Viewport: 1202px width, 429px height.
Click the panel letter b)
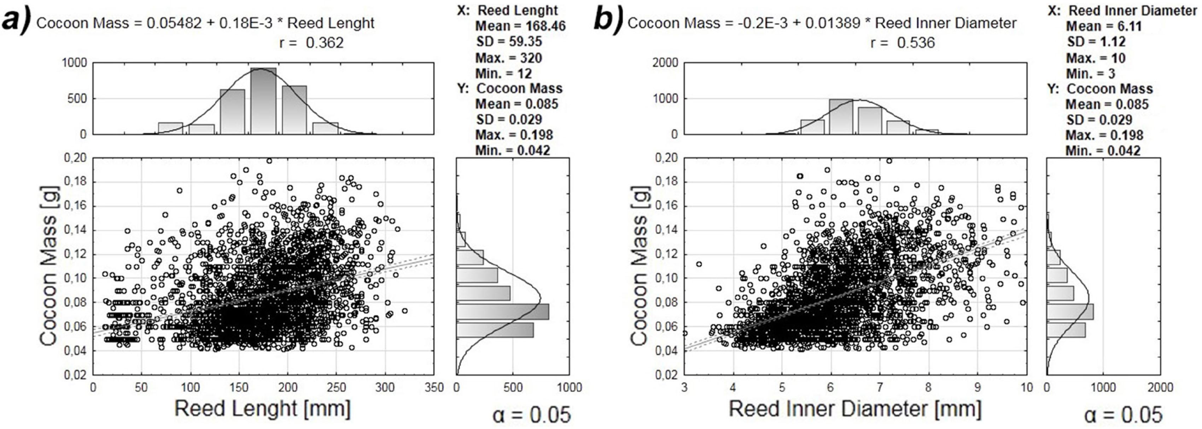click(x=607, y=22)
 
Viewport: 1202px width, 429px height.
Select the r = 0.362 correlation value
click(x=311, y=43)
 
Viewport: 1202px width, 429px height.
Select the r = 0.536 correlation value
click(x=903, y=43)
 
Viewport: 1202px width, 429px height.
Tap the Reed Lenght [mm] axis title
click(x=262, y=409)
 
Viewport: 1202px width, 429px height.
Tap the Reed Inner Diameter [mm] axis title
click(x=855, y=409)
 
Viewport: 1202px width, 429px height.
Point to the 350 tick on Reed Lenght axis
click(x=434, y=388)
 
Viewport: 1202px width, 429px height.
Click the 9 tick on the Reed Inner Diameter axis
click(x=978, y=388)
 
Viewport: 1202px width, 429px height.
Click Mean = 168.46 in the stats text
click(x=520, y=26)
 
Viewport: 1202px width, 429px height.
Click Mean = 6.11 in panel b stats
click(x=1104, y=26)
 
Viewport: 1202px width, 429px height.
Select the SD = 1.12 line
click(x=1096, y=42)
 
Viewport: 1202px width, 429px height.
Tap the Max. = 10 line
click(x=1096, y=58)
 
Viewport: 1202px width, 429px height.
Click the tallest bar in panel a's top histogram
click(x=263, y=101)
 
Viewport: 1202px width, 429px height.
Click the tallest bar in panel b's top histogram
click(x=840, y=117)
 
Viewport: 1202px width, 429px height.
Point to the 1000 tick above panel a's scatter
click(x=74, y=63)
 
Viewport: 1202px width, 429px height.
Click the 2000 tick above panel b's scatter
click(x=665, y=63)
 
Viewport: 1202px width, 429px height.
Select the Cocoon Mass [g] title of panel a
click(x=49, y=266)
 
